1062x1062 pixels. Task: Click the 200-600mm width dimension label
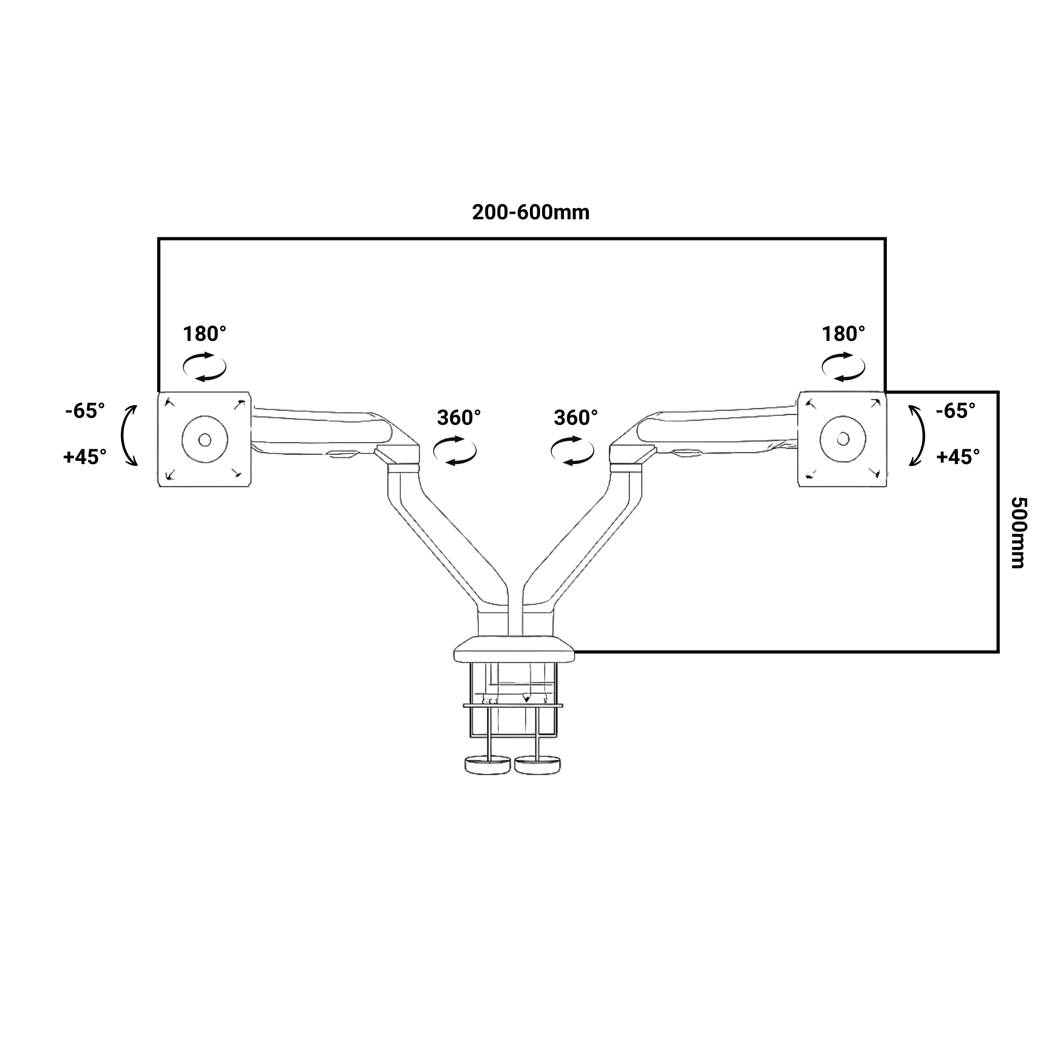[530, 213]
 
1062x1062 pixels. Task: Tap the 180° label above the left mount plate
[204, 333]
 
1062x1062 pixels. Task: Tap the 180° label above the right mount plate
[843, 333]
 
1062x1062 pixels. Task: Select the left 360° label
[459, 418]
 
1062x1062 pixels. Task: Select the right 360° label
[576, 418]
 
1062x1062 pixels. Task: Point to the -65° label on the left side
[85, 410]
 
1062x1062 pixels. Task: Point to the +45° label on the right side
[958, 457]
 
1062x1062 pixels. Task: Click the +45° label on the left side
[85, 457]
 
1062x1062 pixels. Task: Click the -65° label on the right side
[956, 410]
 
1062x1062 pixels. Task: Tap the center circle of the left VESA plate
[204, 440]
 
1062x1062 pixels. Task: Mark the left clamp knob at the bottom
[487, 765]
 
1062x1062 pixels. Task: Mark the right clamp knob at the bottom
[538, 765]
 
